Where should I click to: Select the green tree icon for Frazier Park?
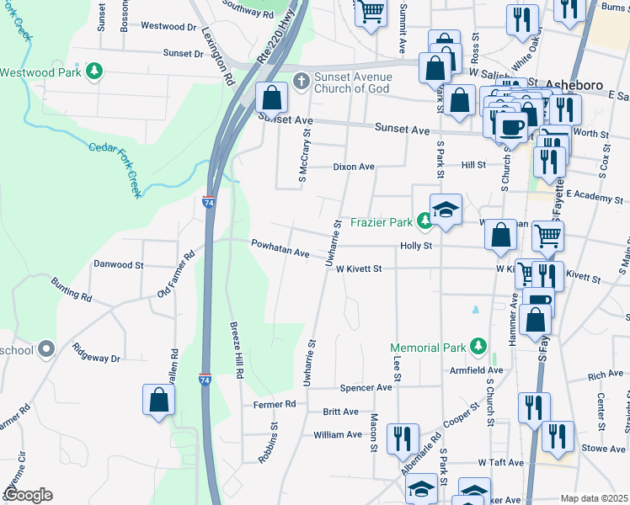[x=425, y=221]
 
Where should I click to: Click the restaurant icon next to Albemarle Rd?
[x=402, y=439]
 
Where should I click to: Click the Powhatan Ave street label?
[x=280, y=247]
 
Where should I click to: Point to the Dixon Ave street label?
[x=353, y=167]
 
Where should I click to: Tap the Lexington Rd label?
[x=218, y=56]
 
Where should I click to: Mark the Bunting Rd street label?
[x=71, y=290]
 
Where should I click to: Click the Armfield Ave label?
[x=478, y=370]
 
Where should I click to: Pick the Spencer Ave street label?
[x=366, y=388]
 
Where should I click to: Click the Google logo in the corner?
[x=27, y=495]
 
